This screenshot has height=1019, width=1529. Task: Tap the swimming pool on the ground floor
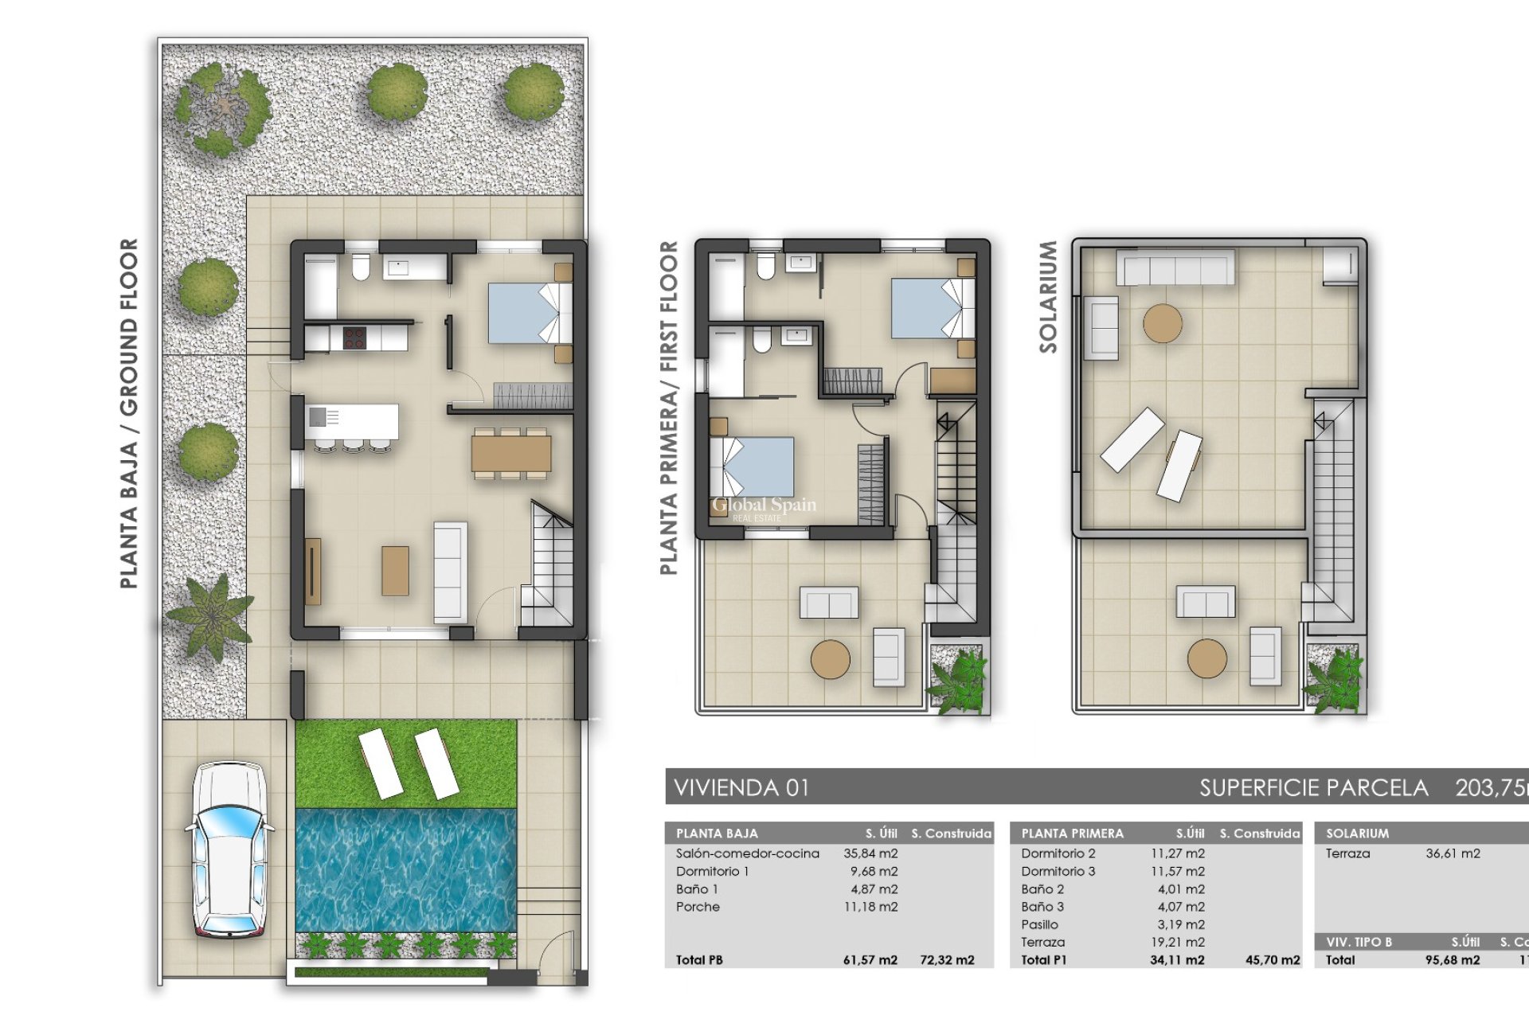click(x=406, y=869)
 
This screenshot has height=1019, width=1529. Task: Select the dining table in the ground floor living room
click(x=510, y=454)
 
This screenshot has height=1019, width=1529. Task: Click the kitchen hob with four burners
click(x=354, y=338)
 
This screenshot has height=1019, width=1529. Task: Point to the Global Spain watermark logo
click(x=763, y=506)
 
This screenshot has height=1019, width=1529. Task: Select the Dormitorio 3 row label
click(x=1058, y=872)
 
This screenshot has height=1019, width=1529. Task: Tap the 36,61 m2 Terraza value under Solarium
click(x=1453, y=853)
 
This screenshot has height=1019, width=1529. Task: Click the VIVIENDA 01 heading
click(x=741, y=788)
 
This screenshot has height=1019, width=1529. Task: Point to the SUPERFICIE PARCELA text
click(x=1313, y=788)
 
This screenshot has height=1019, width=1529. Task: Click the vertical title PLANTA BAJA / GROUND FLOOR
click(x=129, y=414)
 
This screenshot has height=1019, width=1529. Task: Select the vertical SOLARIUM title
click(x=1048, y=297)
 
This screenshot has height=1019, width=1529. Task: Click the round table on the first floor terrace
click(x=830, y=659)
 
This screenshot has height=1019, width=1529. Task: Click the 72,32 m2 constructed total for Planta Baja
click(x=946, y=960)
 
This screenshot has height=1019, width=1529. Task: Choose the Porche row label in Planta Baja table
click(x=698, y=907)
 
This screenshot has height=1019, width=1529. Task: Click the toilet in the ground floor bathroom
click(x=360, y=267)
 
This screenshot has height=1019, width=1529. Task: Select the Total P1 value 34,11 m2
click(x=1176, y=960)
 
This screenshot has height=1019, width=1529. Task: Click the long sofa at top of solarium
click(x=1175, y=267)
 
